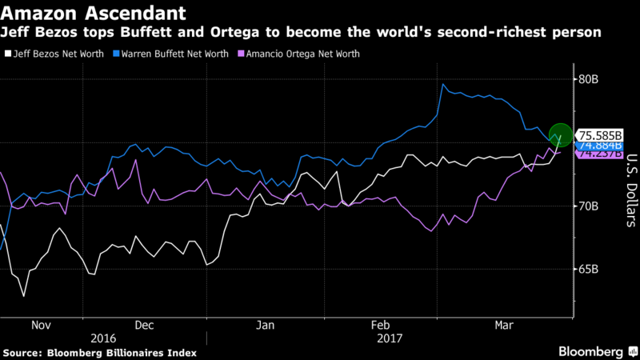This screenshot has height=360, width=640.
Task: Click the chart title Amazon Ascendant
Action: click(x=96, y=13)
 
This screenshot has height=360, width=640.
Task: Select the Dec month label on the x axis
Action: click(x=145, y=326)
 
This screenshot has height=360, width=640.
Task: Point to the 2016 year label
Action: click(x=103, y=338)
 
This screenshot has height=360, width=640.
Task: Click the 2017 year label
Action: click(x=390, y=338)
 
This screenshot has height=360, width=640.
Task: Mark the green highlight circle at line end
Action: click(x=560, y=136)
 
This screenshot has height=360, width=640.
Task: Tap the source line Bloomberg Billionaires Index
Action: click(x=99, y=352)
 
